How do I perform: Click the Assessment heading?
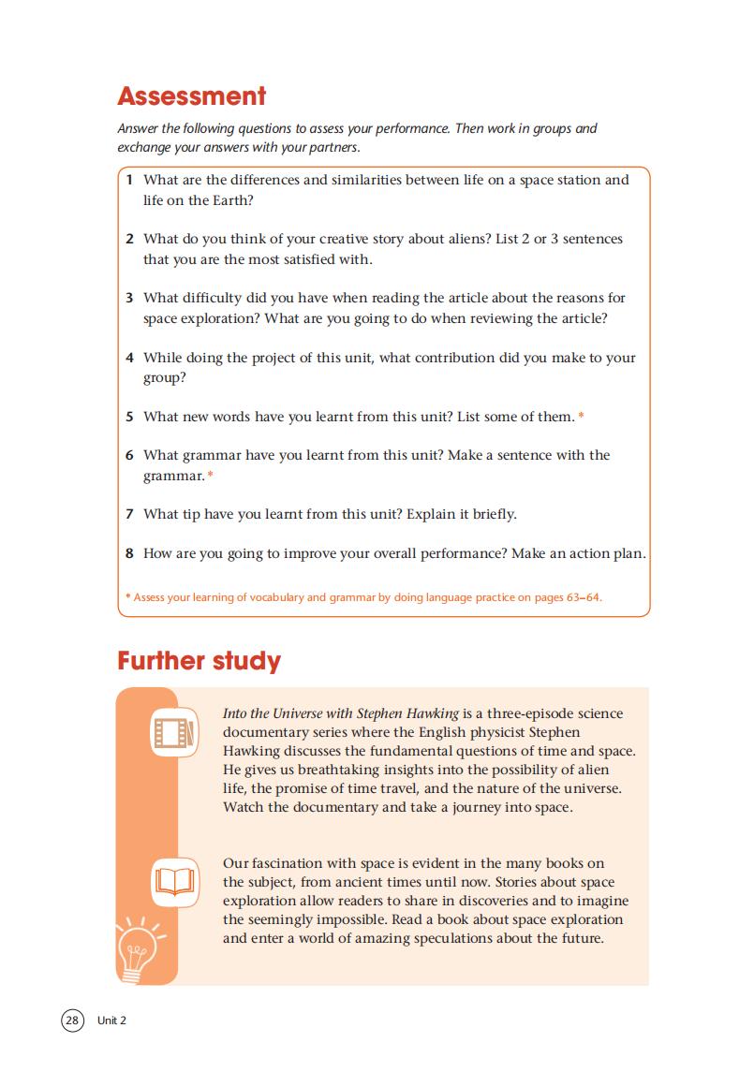(x=192, y=96)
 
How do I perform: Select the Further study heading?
(x=199, y=661)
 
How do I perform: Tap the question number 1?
(x=129, y=180)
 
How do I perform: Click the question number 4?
(x=129, y=358)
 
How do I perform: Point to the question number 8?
(x=129, y=553)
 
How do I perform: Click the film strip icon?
(x=173, y=731)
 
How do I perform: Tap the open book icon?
(x=173, y=881)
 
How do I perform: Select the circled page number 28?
(x=72, y=1021)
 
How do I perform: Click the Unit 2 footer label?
(x=111, y=1021)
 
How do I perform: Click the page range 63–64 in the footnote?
(x=583, y=596)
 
